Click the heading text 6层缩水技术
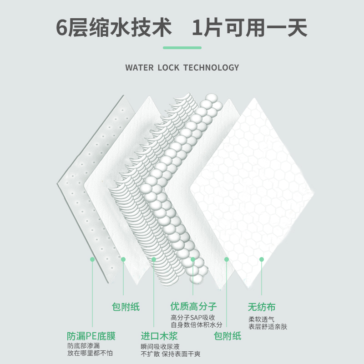[x=114, y=28]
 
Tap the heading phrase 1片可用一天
[x=249, y=28]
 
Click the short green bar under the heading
[x=182, y=47]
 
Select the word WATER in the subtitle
[x=139, y=68]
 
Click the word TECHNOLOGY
[x=211, y=68]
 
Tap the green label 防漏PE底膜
[x=91, y=336]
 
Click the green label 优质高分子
[x=193, y=306]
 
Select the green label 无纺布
[x=262, y=307]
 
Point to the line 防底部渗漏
[x=83, y=346]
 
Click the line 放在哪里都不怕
[x=90, y=354]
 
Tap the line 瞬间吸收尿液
[x=160, y=346]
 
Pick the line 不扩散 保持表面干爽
[x=171, y=354]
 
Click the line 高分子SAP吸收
[x=192, y=317]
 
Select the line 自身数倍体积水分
[x=197, y=325]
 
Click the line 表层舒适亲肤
[x=268, y=327]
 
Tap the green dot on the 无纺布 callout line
[x=262, y=259]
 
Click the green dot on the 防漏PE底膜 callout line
[x=92, y=259]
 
